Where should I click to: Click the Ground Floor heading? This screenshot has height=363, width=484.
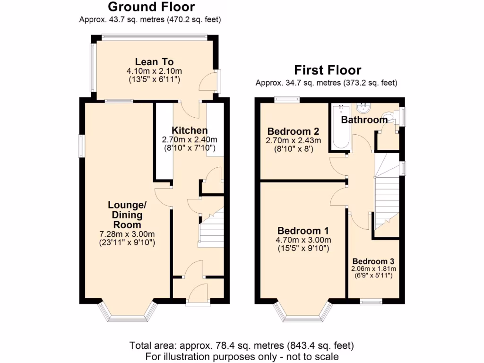[x=151, y=7]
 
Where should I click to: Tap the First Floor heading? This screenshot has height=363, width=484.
[x=328, y=70]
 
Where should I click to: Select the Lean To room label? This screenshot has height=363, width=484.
[x=154, y=62]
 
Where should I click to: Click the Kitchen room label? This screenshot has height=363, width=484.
[x=189, y=130]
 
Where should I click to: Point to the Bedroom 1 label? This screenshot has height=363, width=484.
[x=303, y=231]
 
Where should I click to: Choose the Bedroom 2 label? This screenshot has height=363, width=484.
[x=294, y=131]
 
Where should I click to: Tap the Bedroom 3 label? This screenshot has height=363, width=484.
[x=373, y=261]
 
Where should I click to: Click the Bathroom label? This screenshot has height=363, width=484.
[x=364, y=120]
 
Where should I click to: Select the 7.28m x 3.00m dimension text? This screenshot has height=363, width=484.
[x=127, y=234]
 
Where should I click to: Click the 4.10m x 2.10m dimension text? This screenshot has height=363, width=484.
[x=154, y=71]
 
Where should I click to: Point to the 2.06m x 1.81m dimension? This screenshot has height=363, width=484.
[x=373, y=268]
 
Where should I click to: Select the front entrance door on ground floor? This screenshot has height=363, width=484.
[x=198, y=295]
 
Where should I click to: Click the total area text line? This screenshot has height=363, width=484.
[x=242, y=346]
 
